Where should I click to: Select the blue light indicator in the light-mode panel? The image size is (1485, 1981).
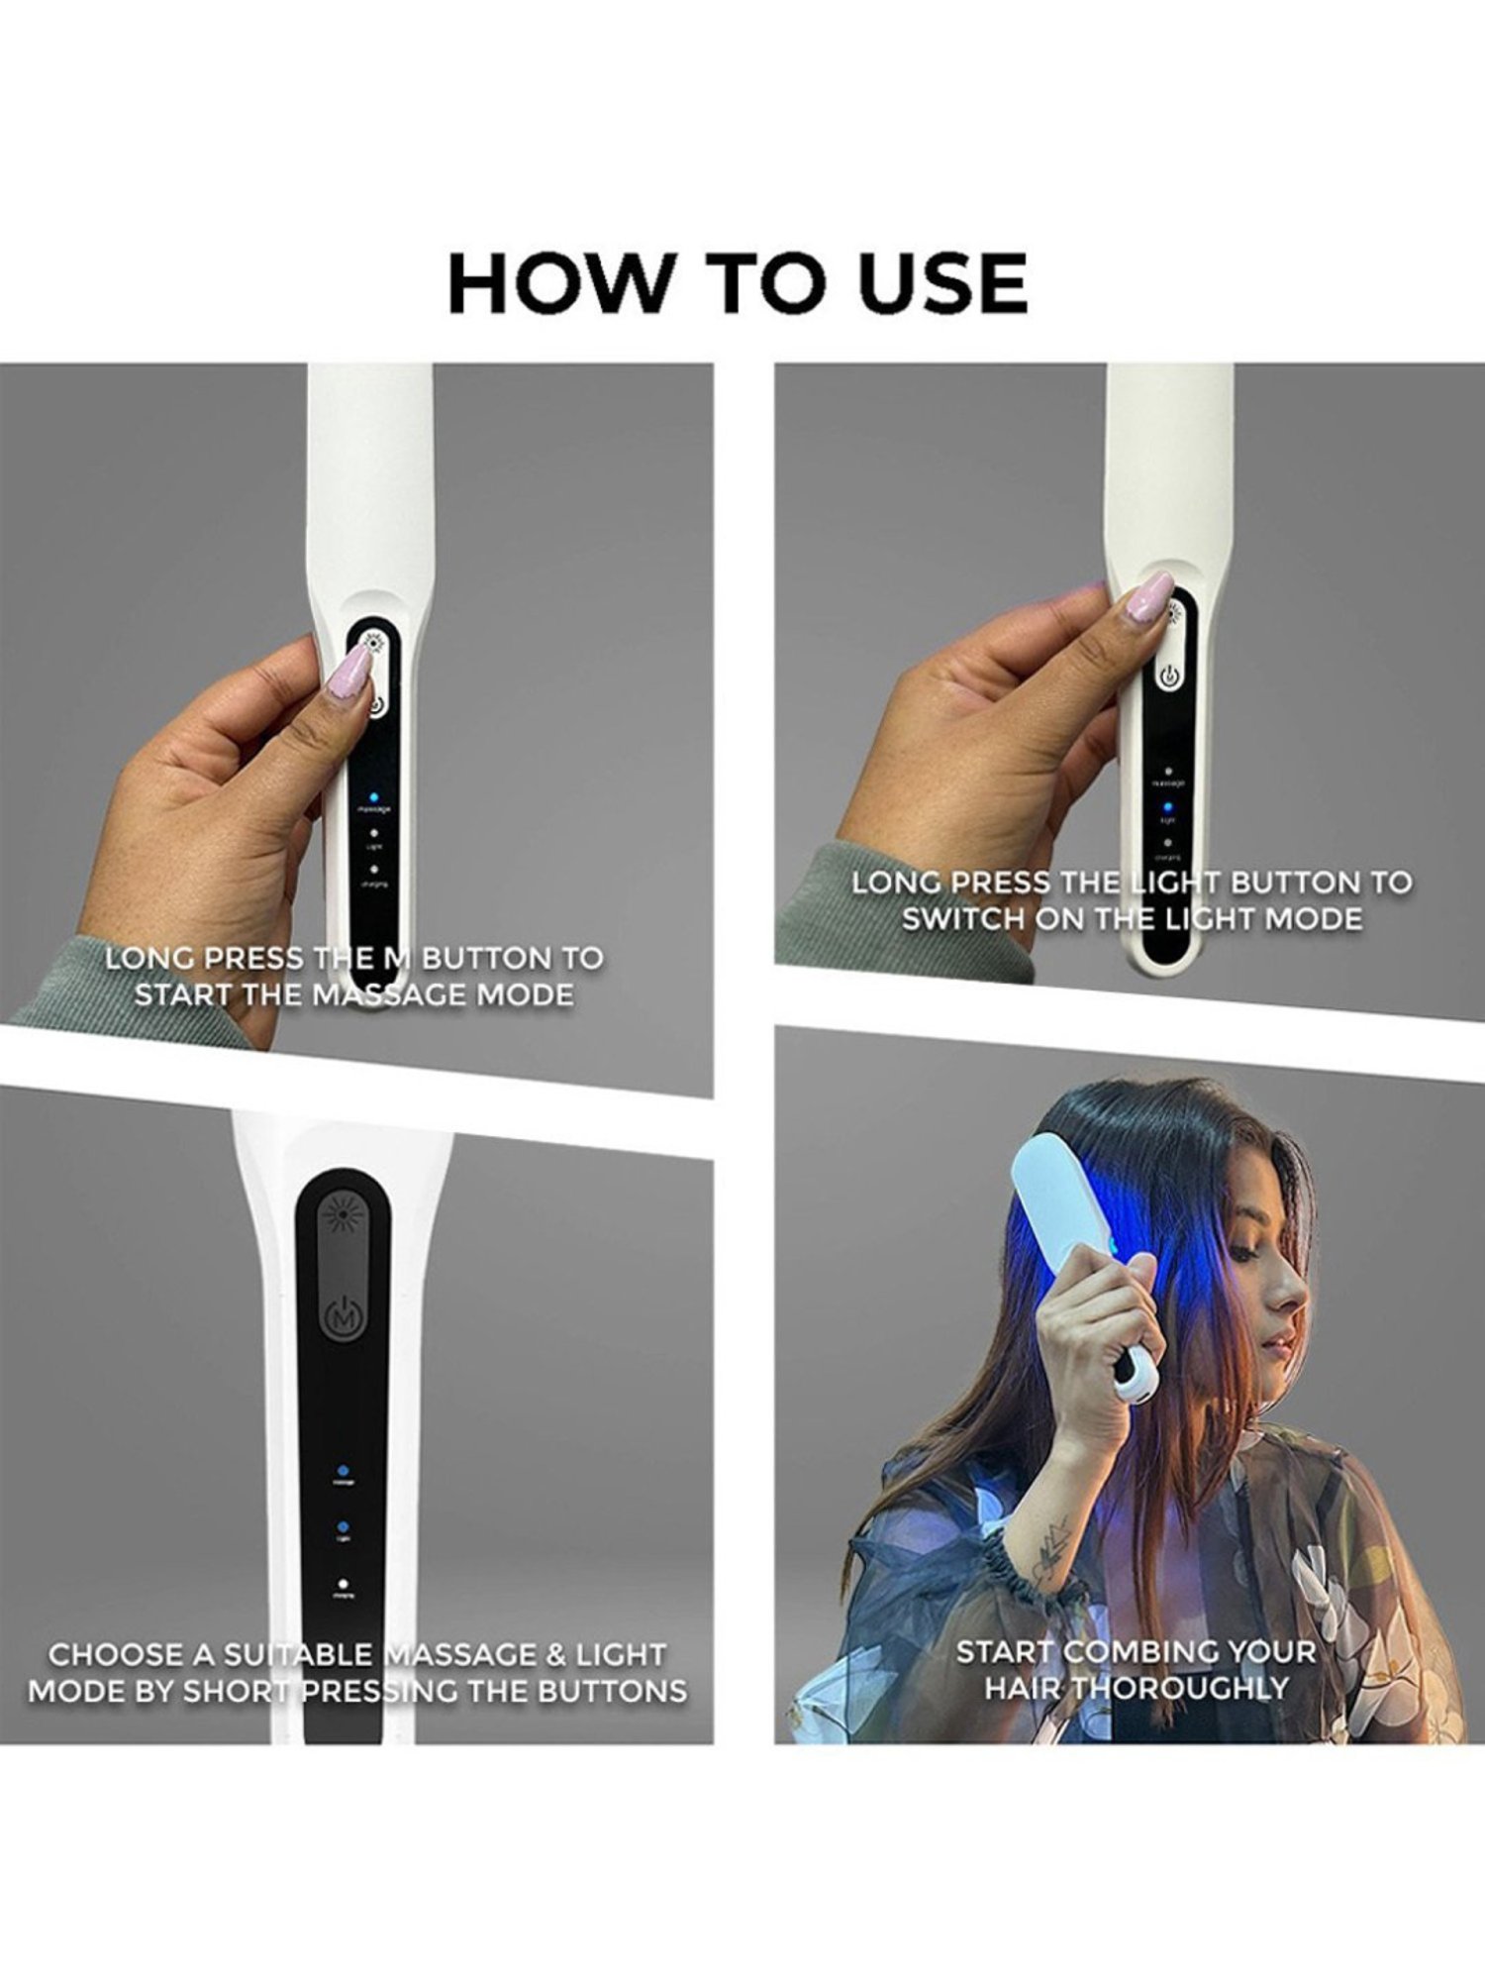[1168, 807]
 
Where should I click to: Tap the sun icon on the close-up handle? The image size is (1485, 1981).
[343, 1213]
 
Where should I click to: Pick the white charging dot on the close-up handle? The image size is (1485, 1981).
[343, 1585]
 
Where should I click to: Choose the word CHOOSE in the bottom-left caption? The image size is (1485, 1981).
[117, 1654]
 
